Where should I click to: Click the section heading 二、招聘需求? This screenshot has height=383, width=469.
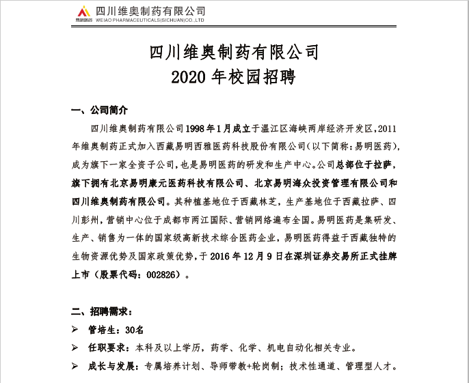click(x=100, y=311)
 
